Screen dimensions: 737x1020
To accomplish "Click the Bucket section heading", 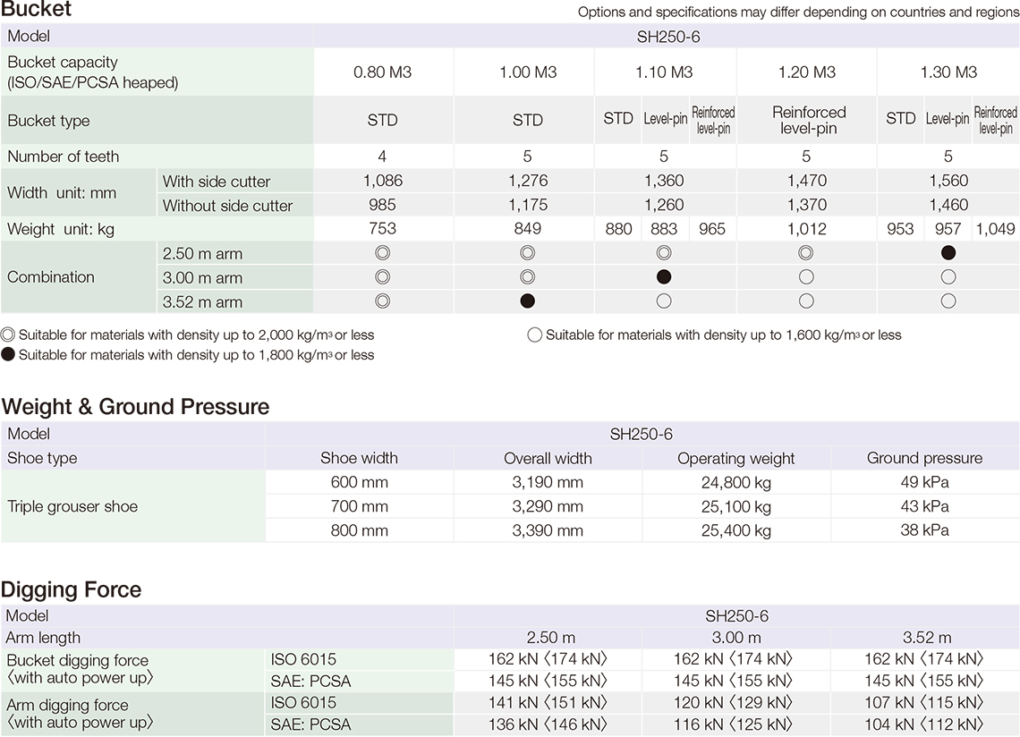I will pos(37,11).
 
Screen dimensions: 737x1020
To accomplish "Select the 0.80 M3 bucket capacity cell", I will pos(382,72).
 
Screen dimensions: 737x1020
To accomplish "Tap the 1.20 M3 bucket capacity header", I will pos(806,72).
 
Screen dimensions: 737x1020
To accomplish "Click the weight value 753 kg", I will pos(382,229).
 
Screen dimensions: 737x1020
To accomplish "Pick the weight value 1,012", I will pos(806,229).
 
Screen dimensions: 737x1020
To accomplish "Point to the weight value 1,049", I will pos(995,229).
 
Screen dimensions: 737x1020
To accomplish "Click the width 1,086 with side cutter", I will pos(382,181).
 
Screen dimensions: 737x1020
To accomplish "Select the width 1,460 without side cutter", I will pos(948,205).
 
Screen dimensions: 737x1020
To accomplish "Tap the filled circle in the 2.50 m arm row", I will pos(948,253).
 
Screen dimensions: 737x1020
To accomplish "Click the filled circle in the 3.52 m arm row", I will pos(528,301).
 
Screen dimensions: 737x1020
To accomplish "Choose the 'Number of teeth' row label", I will pos(64,157).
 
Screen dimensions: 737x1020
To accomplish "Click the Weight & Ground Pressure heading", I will pos(135,407).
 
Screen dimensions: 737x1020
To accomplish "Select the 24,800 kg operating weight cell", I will pos(735,483).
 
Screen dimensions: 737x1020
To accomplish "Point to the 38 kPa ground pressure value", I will pos(924,530).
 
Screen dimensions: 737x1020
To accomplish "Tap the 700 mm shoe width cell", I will pos(359,507).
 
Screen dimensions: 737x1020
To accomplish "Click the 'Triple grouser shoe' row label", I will pos(72,506).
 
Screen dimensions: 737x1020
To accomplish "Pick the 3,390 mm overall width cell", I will pos(548,530).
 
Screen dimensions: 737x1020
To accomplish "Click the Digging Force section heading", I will pos(72,590).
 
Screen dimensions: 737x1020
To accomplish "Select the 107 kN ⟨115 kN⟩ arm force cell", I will pos(924,703).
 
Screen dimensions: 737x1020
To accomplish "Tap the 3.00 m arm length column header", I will pos(735,638).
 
